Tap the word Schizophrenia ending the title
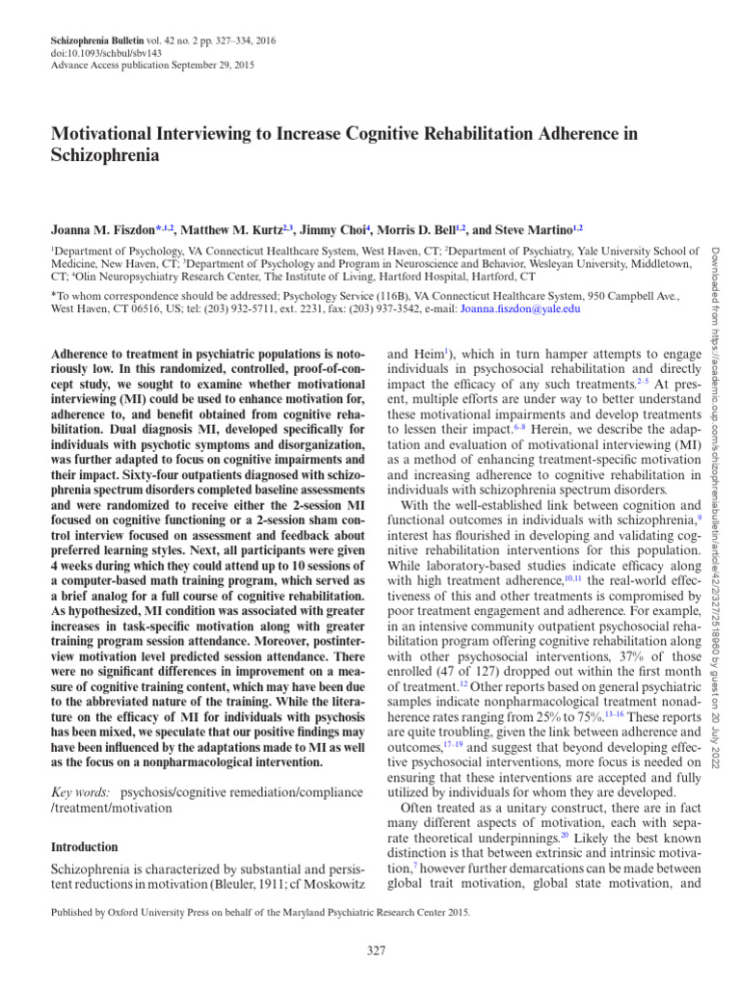(x=105, y=154)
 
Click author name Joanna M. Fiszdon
(x=103, y=231)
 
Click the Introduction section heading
(x=84, y=847)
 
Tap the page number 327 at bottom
(x=376, y=952)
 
